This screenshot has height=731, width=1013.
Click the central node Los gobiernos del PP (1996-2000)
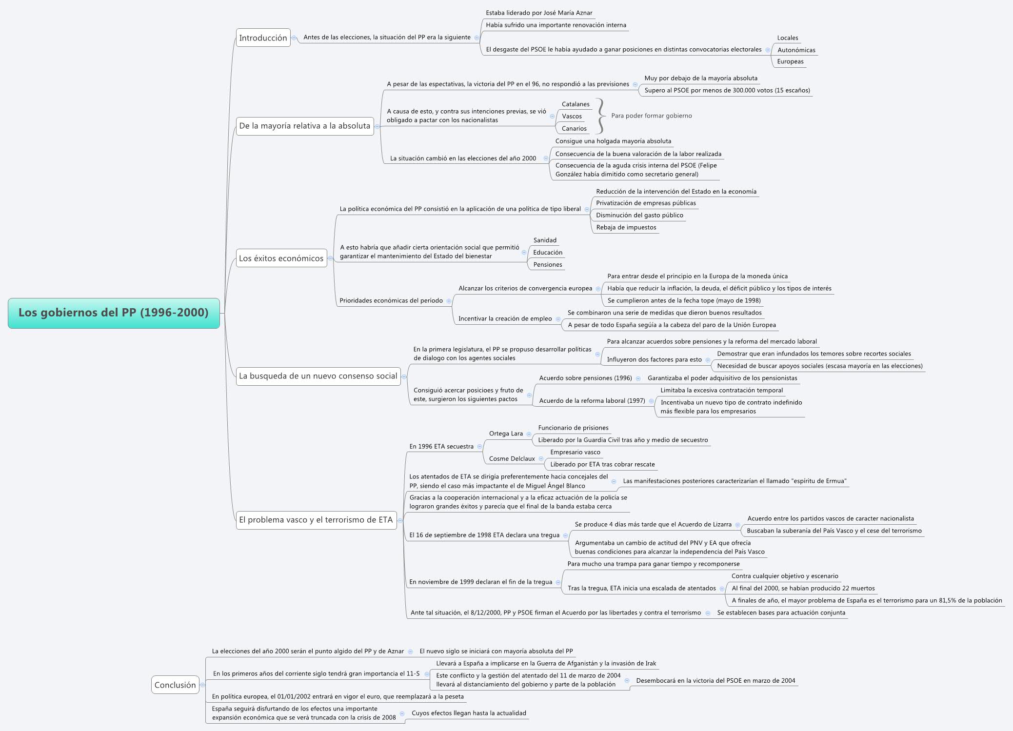114,313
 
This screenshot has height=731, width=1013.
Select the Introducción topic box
263,38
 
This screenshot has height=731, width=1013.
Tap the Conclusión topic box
175,685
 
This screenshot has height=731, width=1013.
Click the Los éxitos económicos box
281,258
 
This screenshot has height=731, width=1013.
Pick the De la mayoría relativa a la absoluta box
304,126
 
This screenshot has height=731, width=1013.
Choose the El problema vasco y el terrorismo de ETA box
316,520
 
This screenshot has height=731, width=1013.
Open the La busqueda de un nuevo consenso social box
318,376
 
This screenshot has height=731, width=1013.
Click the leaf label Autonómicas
796,50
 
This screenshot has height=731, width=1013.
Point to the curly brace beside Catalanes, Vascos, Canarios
601,116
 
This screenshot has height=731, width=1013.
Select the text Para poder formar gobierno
651,116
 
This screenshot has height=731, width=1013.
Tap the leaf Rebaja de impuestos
626,227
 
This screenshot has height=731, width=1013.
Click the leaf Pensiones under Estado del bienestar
547,264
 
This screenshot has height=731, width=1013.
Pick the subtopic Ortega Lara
506,434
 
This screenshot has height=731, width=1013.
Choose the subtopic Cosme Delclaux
512,458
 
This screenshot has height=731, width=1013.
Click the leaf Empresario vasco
575,452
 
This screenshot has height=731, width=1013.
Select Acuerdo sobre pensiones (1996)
585,378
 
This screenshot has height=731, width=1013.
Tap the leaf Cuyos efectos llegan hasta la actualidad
469,713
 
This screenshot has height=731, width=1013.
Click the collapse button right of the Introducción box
294,38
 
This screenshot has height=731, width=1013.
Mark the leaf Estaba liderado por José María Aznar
539,13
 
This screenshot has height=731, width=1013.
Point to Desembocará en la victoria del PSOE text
715,680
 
